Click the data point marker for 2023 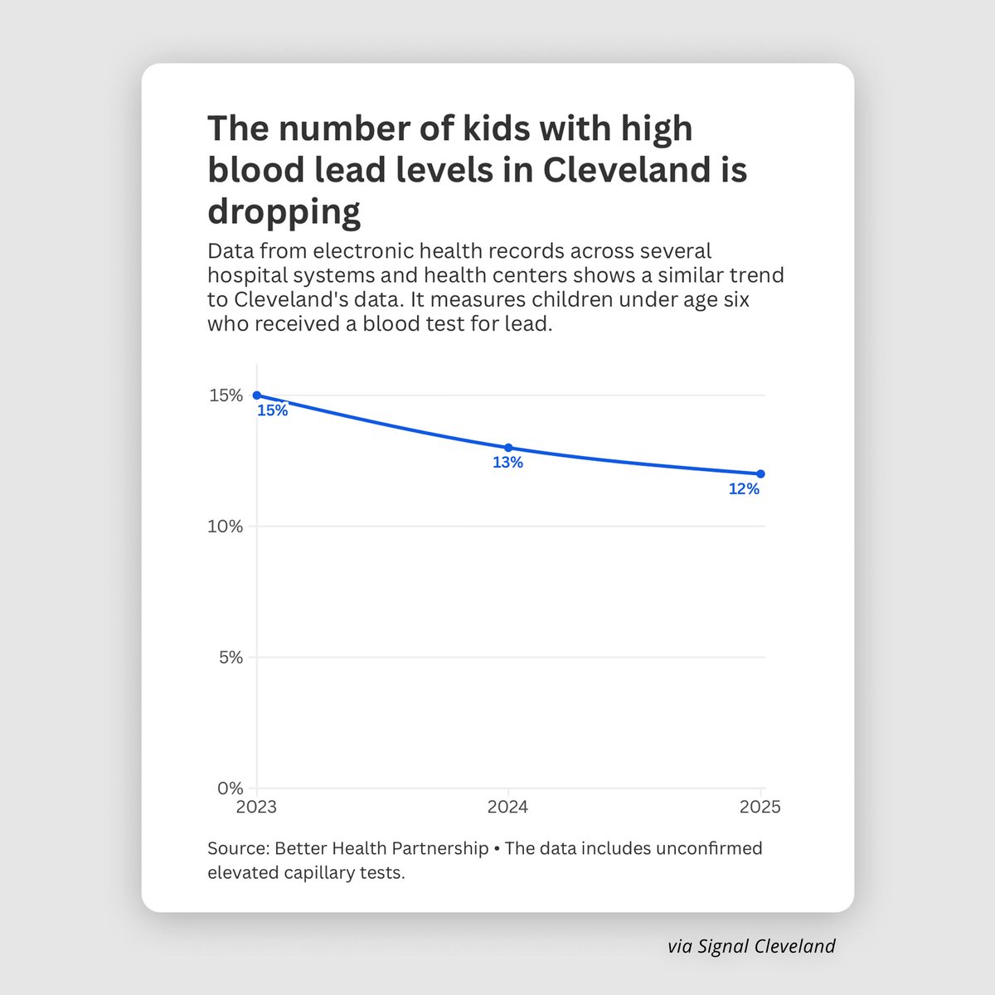pos(256,396)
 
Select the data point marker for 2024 pos(508,448)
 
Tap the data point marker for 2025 pos(760,473)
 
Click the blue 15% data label pos(272,410)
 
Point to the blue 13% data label pos(507,463)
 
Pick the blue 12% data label pos(744,489)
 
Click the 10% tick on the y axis pos(226,527)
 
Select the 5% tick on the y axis pos(229,658)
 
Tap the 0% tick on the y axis pos(229,789)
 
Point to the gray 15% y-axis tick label pos(226,396)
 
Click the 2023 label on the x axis pos(256,807)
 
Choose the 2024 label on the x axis pos(508,807)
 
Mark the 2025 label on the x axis pos(760,807)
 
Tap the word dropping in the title pos(284,211)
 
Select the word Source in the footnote pos(236,849)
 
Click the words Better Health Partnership pos(381,849)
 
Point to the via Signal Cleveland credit pos(751,946)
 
